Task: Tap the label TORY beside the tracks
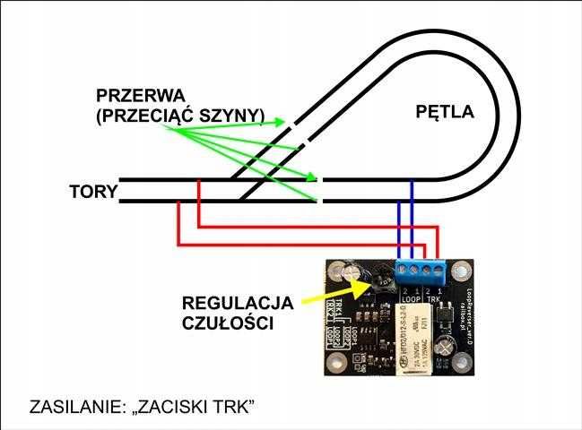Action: (x=92, y=190)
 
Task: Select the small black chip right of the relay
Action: (x=442, y=317)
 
